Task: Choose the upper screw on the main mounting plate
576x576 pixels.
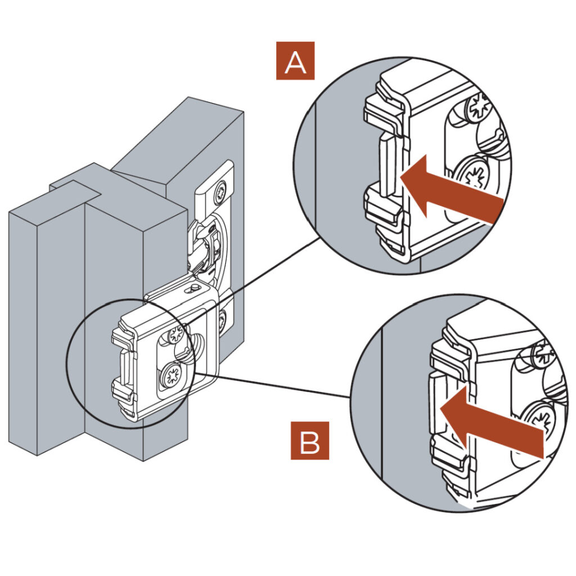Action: pyautogui.click(x=175, y=335)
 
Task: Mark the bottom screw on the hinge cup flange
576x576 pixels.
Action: pyautogui.click(x=222, y=321)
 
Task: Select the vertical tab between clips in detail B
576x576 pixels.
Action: pyautogui.click(x=438, y=402)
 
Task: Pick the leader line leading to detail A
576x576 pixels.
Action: pyautogui.click(x=253, y=281)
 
